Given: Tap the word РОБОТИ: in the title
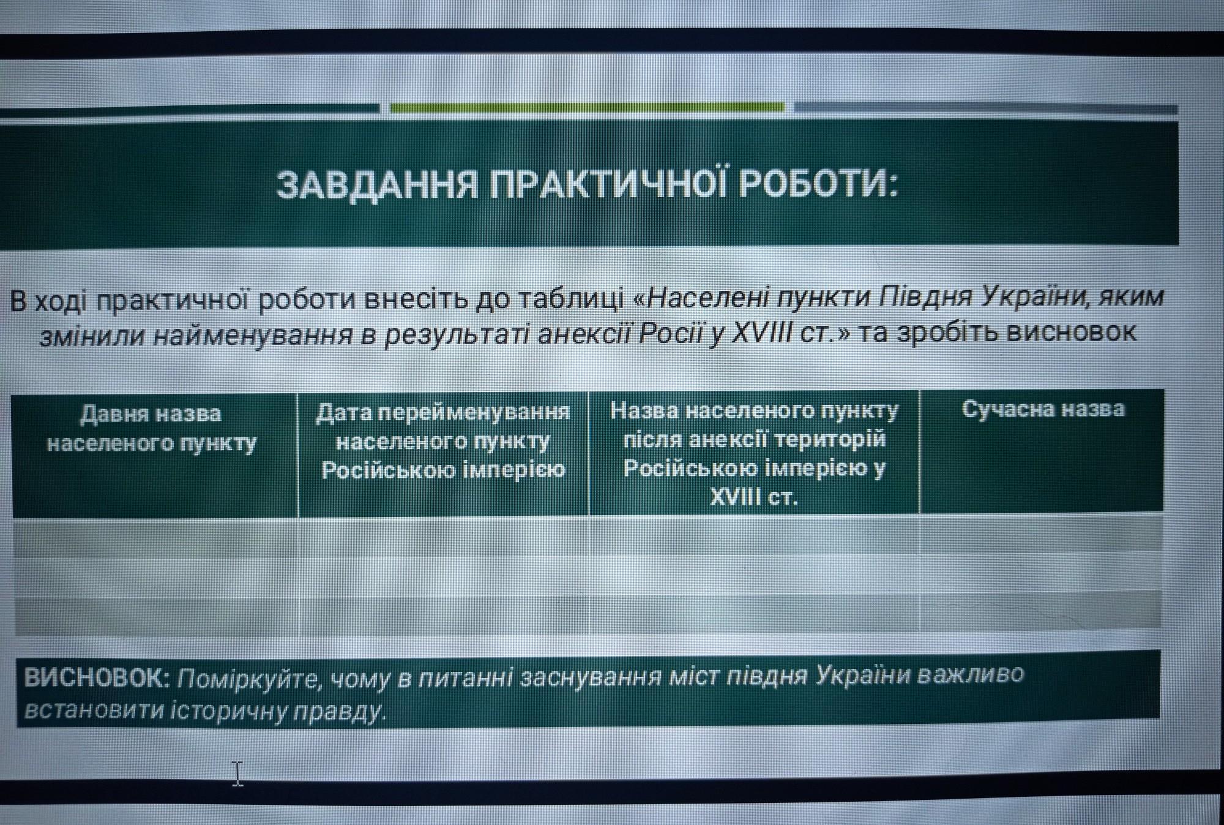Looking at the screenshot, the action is point(818,183).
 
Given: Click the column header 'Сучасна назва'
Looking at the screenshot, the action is point(1043,409).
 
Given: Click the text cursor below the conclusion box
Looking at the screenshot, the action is point(237,774).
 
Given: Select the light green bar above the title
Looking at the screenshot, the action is point(587,108).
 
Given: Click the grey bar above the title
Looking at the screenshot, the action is point(986,108).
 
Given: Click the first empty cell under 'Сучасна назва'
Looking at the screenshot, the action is point(1041,535).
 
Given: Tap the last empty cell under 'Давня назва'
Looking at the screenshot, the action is point(157,614).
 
